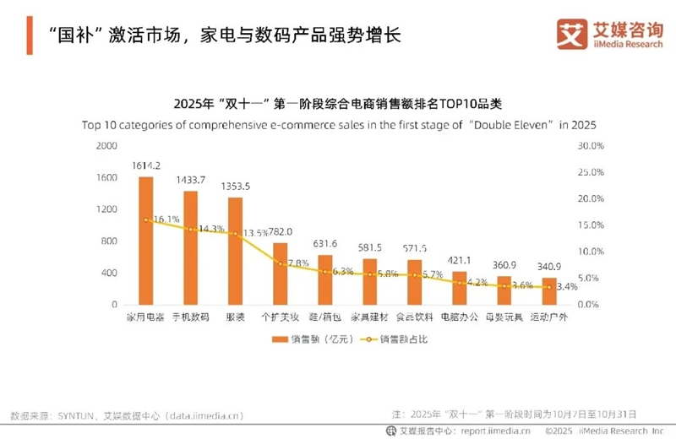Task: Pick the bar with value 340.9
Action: point(549,290)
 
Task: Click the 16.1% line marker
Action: point(145,219)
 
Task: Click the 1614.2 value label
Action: point(145,165)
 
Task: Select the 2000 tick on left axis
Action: point(106,146)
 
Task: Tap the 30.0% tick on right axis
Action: point(589,146)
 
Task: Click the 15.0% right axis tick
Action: point(589,225)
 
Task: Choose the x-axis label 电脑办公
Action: point(460,317)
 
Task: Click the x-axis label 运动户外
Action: point(549,317)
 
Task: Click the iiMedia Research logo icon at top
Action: point(571,33)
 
